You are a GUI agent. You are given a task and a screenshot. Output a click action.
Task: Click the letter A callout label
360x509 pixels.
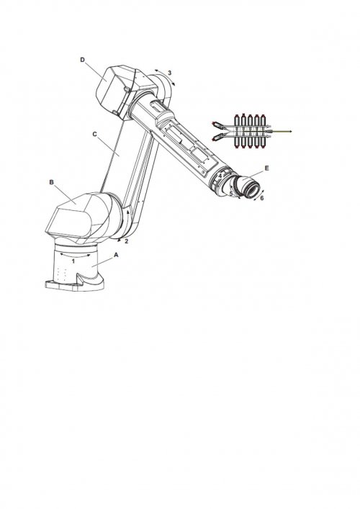click(x=116, y=255)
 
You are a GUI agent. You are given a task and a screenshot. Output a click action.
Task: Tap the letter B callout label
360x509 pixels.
click(x=51, y=182)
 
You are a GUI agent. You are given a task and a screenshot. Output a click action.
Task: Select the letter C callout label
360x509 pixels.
click(x=95, y=134)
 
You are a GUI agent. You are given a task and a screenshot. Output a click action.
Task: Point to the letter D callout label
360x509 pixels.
click(x=83, y=60)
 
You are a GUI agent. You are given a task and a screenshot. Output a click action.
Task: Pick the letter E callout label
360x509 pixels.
click(x=267, y=168)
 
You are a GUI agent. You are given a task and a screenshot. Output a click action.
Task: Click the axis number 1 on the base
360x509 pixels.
click(x=73, y=261)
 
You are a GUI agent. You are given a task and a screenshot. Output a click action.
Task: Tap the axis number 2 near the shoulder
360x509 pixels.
click(x=127, y=241)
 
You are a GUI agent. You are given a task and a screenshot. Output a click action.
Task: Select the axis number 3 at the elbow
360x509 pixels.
click(x=169, y=73)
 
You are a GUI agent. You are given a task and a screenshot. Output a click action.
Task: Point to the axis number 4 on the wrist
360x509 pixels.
click(x=220, y=176)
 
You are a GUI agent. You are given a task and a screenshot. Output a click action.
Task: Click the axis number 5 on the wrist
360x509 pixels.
click(x=231, y=194)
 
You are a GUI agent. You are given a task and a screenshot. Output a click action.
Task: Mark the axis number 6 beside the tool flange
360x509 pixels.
click(x=262, y=198)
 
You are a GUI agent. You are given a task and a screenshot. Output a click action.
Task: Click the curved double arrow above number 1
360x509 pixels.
click(x=76, y=255)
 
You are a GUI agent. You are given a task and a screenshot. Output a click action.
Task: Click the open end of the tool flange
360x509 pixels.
click(x=253, y=189)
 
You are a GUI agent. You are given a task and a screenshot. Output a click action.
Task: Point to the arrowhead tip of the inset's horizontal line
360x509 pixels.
click(x=293, y=131)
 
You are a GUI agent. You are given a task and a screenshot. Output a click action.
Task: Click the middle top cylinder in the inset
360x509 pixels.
click(x=250, y=120)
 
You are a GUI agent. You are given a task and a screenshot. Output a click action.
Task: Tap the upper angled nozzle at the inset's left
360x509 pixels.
click(x=218, y=125)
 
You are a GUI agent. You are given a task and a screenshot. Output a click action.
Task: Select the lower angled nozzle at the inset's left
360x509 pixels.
click(x=218, y=137)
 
